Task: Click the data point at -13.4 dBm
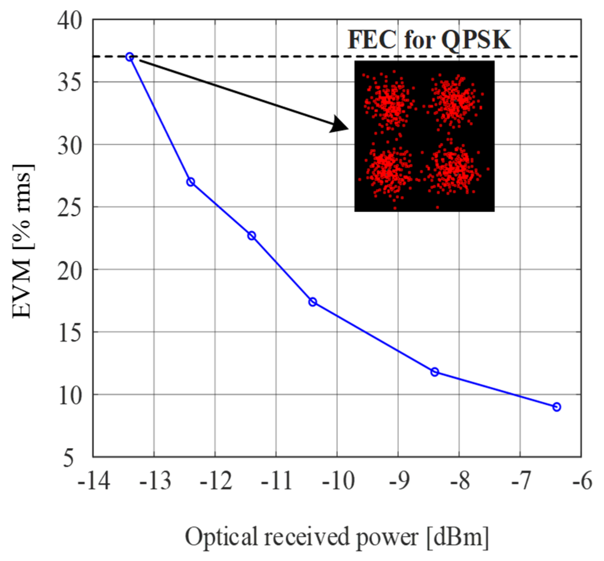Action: (130, 57)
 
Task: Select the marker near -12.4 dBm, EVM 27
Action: (190, 182)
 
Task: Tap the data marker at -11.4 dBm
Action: (252, 236)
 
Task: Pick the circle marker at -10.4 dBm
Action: (313, 302)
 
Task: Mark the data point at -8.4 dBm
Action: (435, 372)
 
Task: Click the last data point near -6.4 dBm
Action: (557, 407)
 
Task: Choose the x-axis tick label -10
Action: (337, 481)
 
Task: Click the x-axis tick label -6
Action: (581, 481)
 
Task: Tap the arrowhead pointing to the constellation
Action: (339, 124)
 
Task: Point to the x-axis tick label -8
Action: (459, 481)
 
